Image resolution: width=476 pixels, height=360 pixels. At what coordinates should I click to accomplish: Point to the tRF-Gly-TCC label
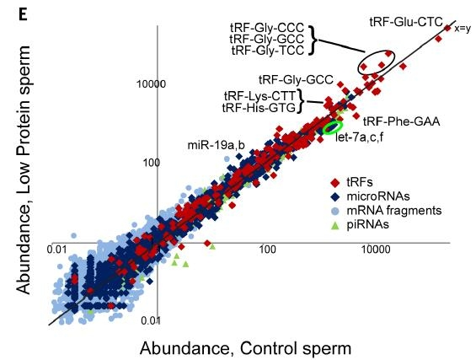(x=265, y=51)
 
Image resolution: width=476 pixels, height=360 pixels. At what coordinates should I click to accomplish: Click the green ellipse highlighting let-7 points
(x=334, y=127)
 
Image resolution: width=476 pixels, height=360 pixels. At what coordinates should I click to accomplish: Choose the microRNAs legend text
(x=377, y=195)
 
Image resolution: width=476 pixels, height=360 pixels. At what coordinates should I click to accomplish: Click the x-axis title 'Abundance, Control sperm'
(x=244, y=347)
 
